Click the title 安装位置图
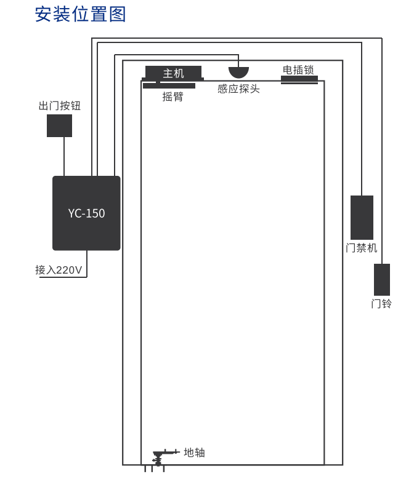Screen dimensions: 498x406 [80, 14]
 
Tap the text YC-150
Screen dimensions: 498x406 [86, 213]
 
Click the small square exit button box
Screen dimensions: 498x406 [59, 125]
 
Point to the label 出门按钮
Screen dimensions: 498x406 [60, 106]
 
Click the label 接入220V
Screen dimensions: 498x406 [59, 270]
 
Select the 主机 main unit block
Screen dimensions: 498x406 [173, 73]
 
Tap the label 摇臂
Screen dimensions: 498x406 [173, 97]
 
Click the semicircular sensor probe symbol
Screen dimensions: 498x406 [239, 72]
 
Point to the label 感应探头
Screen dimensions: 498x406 [238, 89]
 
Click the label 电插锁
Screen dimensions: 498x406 [298, 69]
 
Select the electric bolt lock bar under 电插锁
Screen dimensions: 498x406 [299, 79]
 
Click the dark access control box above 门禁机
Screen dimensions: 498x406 [362, 217]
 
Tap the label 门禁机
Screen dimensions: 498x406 [362, 248]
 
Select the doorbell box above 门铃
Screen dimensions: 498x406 [382, 280]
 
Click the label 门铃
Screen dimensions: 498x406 [381, 304]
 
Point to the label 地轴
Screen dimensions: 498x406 [194, 453]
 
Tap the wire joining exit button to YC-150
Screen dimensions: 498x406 [64, 156]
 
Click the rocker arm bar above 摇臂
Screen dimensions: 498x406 [169, 86]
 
